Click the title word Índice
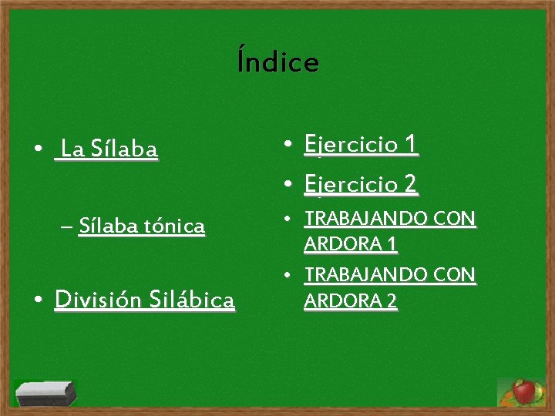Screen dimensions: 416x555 pos(277,62)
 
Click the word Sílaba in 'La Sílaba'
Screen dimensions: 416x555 pos(124,148)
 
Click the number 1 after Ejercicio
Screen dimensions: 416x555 pos(411,143)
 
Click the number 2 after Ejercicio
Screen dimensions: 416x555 pos(411,184)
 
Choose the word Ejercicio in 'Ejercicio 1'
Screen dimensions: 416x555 pos(351,144)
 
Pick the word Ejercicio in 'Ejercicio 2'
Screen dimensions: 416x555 pos(351,185)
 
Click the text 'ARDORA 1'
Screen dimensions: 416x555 pos(351,245)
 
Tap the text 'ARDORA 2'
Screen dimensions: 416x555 pos(351,301)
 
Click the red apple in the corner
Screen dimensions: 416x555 pos(524,391)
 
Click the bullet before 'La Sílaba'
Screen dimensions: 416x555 pos(37,148)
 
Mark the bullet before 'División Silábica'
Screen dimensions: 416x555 pos(37,299)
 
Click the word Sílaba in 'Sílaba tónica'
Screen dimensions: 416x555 pos(108,226)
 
